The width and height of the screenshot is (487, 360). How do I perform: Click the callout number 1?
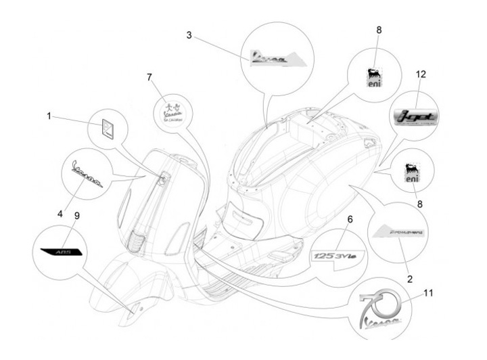[49, 116]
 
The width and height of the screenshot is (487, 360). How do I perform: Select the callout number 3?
[190, 34]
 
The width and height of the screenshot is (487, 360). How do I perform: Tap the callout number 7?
[149, 78]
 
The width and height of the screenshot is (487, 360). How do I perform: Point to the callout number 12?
[421, 74]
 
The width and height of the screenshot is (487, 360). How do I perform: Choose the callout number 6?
[350, 219]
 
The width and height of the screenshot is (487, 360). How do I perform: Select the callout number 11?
[427, 292]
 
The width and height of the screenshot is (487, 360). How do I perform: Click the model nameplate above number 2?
[399, 233]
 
